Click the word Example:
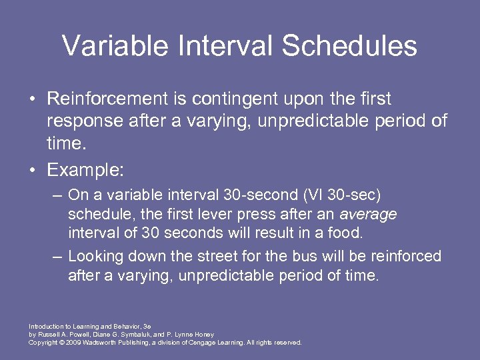click(x=85, y=170)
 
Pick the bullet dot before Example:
click(x=32, y=171)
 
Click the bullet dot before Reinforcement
click(x=32, y=99)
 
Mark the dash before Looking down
click(x=59, y=257)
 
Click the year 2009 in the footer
click(x=74, y=342)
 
